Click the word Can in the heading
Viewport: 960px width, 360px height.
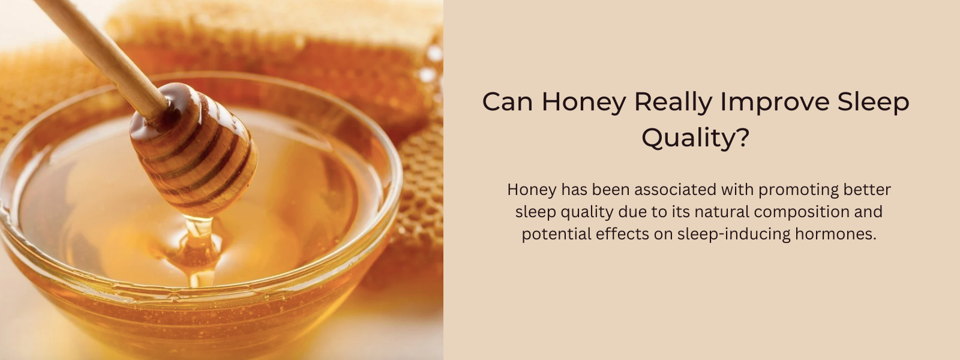pyautogui.click(x=508, y=102)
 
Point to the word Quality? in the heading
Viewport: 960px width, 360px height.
pyautogui.click(x=695, y=139)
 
